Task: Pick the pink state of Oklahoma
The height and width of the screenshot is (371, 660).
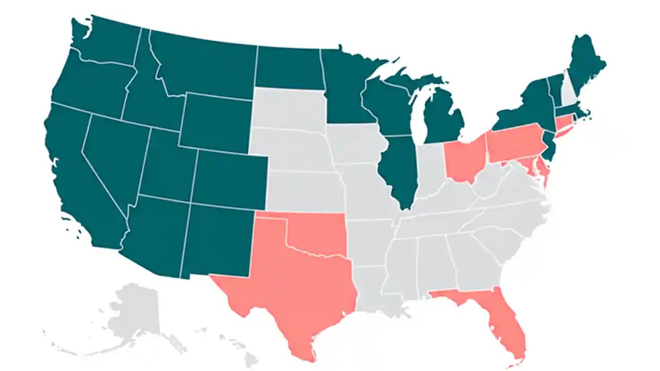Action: [320, 232]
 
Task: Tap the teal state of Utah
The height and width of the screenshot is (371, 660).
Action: [168, 165]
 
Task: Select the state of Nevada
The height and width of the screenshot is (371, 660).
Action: [113, 155]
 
